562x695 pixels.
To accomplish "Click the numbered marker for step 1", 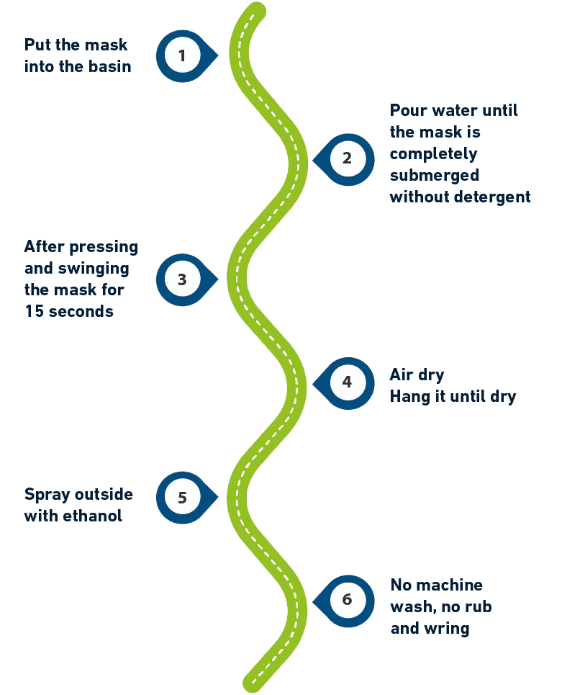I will (x=181, y=55).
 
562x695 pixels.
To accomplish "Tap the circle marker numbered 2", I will (x=347, y=159).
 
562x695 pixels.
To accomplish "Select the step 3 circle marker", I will (x=181, y=279).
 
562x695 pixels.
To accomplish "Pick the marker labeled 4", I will (x=347, y=382).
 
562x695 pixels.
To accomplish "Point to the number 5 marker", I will (x=181, y=498).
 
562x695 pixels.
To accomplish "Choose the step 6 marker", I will (x=347, y=600).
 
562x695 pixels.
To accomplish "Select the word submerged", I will (x=434, y=176).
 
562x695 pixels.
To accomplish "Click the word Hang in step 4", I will (x=406, y=397).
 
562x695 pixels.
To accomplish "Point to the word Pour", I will (x=407, y=111).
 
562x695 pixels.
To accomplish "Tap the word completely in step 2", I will (x=433, y=154).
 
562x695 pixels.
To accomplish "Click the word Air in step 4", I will (x=402, y=375).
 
